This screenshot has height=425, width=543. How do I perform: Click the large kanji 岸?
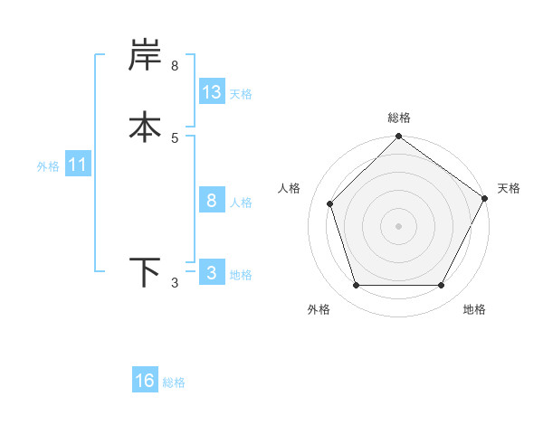click(x=146, y=57)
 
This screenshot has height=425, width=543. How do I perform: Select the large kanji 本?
click(x=146, y=127)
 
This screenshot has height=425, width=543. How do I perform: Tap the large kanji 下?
click(x=146, y=272)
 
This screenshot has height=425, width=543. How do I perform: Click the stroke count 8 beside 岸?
click(x=175, y=66)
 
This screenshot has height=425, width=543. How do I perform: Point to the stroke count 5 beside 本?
click(x=175, y=137)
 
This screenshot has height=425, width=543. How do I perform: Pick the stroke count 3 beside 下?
click(x=175, y=284)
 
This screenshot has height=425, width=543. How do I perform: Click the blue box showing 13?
click(x=212, y=92)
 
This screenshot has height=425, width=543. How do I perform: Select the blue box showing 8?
click(x=212, y=201)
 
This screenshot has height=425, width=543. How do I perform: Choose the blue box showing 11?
click(x=78, y=165)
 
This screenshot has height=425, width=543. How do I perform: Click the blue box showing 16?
click(x=145, y=381)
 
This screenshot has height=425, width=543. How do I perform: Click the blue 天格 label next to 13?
click(x=241, y=93)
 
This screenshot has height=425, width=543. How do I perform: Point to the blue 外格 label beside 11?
click(x=48, y=166)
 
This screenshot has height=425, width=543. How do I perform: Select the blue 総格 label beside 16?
click(x=174, y=382)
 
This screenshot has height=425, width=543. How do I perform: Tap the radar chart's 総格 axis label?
click(x=399, y=118)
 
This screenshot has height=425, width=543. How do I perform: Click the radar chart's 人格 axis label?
click(x=290, y=188)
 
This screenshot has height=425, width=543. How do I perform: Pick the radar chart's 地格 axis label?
click(x=474, y=309)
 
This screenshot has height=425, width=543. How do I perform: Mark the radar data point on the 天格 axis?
click(x=484, y=198)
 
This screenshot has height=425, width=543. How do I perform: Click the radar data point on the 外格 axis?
click(x=356, y=286)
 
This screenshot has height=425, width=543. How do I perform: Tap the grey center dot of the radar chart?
click(x=399, y=226)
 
